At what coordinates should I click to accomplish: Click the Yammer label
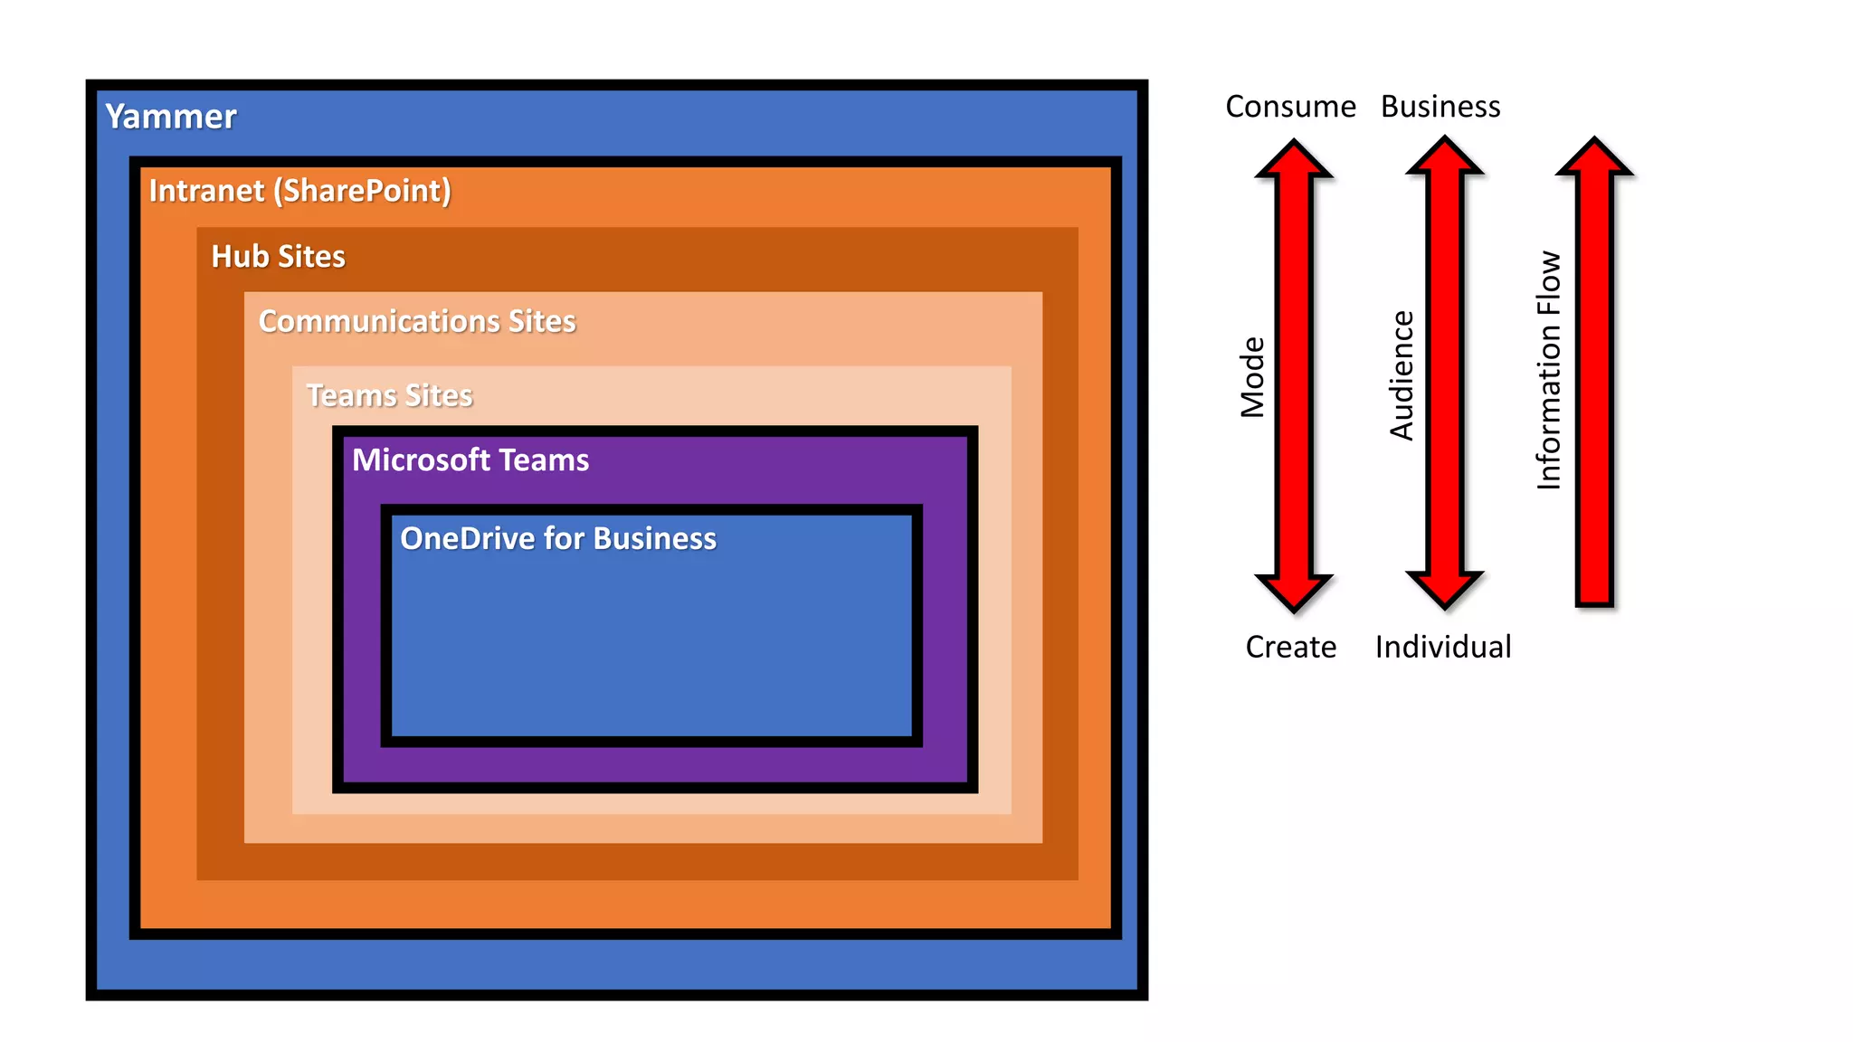(x=170, y=117)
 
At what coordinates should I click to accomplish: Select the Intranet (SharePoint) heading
(x=299, y=191)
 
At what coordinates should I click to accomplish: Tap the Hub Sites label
(x=278, y=257)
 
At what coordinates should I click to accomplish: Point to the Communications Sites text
(x=417, y=322)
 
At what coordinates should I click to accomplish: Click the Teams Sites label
(x=389, y=396)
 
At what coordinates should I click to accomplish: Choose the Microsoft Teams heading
(x=470, y=460)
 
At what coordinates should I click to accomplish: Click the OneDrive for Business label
(x=558, y=539)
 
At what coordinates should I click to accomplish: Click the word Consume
(x=1290, y=107)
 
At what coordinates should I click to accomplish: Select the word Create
(x=1290, y=648)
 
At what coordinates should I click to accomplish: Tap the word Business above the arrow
(x=1440, y=107)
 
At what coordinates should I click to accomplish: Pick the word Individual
(x=1442, y=648)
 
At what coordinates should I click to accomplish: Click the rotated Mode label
(x=1252, y=377)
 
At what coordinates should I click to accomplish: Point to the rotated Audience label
(x=1402, y=375)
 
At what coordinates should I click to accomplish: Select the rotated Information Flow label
(x=1549, y=371)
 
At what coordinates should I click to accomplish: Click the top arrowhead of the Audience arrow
(x=1445, y=158)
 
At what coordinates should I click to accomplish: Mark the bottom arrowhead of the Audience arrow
(x=1445, y=589)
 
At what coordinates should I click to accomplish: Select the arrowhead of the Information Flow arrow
(x=1594, y=158)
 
